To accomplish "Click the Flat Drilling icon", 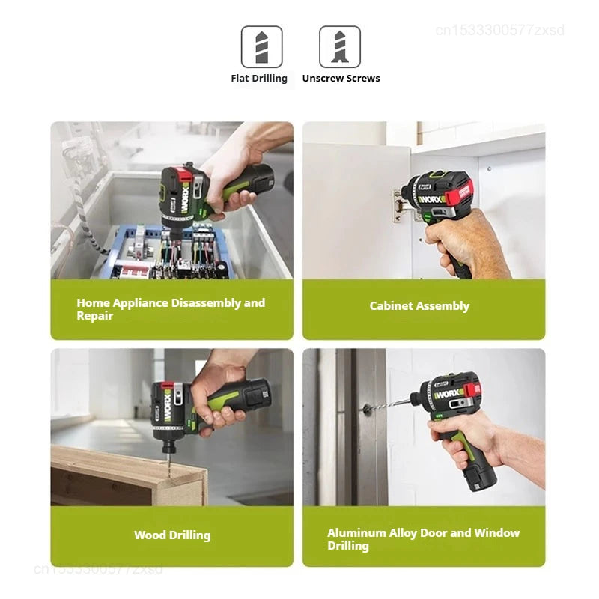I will [261, 47].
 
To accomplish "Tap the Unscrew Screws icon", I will [340, 47].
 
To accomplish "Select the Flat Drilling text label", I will [259, 79].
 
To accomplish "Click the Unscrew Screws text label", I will [341, 79].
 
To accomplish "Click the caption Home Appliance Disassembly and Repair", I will [171, 309].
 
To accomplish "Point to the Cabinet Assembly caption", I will [419, 306].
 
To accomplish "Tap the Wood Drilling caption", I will [172, 535].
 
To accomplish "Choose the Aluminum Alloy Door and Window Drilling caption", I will [423, 539].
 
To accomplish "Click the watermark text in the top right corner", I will [499, 31].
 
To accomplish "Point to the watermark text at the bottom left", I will [97, 568].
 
